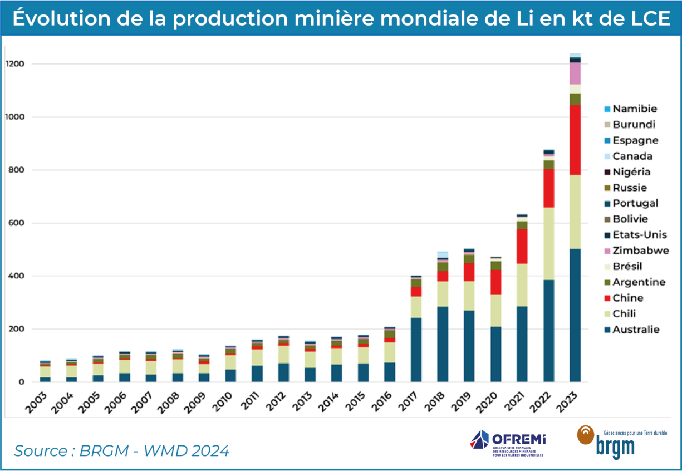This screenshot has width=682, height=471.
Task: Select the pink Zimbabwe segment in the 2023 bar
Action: tap(575, 73)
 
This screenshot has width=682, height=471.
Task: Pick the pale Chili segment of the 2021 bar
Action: tap(522, 284)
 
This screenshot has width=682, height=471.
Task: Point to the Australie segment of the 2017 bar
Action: tap(416, 350)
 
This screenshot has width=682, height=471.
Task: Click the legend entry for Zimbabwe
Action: tap(640, 251)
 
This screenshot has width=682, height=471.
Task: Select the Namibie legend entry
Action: tap(635, 109)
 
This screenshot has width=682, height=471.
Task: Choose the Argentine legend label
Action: tap(639, 282)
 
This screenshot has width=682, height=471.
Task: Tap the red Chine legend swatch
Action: tap(606, 298)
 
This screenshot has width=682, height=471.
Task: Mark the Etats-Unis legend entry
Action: tap(640, 235)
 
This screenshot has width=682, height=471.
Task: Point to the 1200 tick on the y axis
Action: tap(15, 65)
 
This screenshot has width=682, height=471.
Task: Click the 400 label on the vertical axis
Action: tap(17, 276)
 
